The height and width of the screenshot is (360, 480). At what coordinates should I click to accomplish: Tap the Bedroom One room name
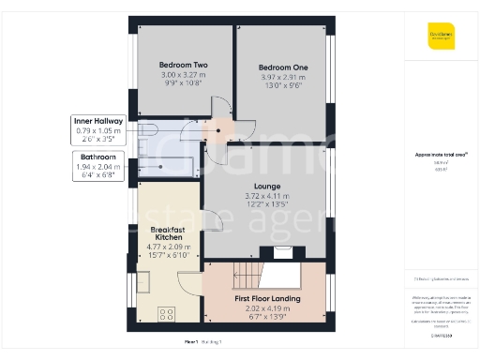pos(282,68)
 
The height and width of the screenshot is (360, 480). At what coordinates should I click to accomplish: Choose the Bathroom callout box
pos(97,165)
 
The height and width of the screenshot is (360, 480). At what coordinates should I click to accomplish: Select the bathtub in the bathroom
pos(169,167)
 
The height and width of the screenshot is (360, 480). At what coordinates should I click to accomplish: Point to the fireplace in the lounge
pos(282,251)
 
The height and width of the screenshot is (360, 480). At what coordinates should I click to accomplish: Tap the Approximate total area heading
pos(442,155)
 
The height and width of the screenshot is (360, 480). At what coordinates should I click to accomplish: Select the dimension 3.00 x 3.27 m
pos(184,74)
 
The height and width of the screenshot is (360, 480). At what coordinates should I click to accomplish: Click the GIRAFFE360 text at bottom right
pos(442,334)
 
